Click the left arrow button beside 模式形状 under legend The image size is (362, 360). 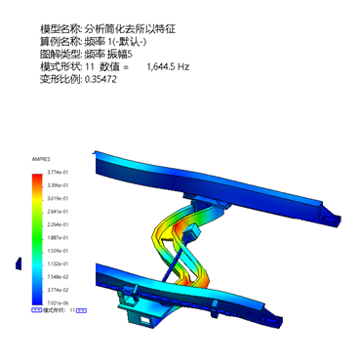tap(36, 309)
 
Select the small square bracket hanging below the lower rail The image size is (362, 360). tap(145, 317)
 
